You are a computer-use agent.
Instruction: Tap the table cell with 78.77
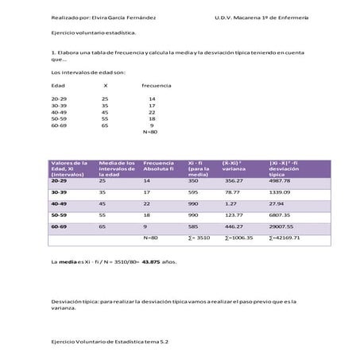[232, 192]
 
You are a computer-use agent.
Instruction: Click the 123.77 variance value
[234, 215]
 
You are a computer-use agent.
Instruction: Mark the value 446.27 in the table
[234, 226]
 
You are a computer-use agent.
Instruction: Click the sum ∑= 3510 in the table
[199, 237]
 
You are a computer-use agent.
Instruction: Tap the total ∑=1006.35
[238, 237]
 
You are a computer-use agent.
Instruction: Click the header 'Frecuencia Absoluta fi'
[160, 168]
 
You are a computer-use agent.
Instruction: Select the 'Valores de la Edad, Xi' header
[68, 168]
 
